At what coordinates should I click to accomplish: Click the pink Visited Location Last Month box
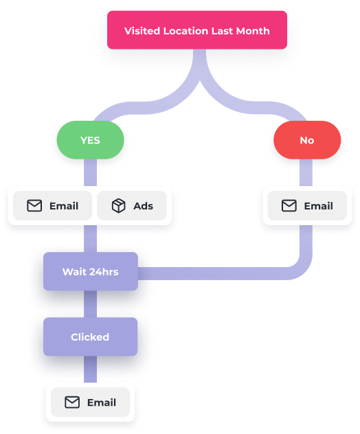[x=197, y=30]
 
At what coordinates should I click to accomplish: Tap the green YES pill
[x=90, y=140]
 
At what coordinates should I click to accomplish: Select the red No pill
[x=307, y=140]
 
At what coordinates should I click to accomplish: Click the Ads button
[x=132, y=205]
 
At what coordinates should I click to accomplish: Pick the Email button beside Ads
[x=53, y=205]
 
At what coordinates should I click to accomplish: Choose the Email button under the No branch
[x=307, y=205]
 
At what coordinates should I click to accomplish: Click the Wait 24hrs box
[x=91, y=271]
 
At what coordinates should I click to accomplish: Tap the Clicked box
[x=90, y=337]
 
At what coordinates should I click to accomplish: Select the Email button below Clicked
[x=90, y=402]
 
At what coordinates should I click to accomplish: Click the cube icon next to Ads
[x=119, y=205]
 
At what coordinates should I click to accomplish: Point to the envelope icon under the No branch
[x=289, y=205]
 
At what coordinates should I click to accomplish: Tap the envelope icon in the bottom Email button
[x=72, y=402]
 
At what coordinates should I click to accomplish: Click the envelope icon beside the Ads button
[x=34, y=205]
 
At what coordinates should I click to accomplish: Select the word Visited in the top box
[x=142, y=31]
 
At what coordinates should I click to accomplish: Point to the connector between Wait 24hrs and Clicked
[x=90, y=304]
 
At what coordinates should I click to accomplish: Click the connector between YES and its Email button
[x=90, y=172]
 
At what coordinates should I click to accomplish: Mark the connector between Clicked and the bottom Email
[x=90, y=369]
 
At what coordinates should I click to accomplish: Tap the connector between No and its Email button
[x=306, y=172]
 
